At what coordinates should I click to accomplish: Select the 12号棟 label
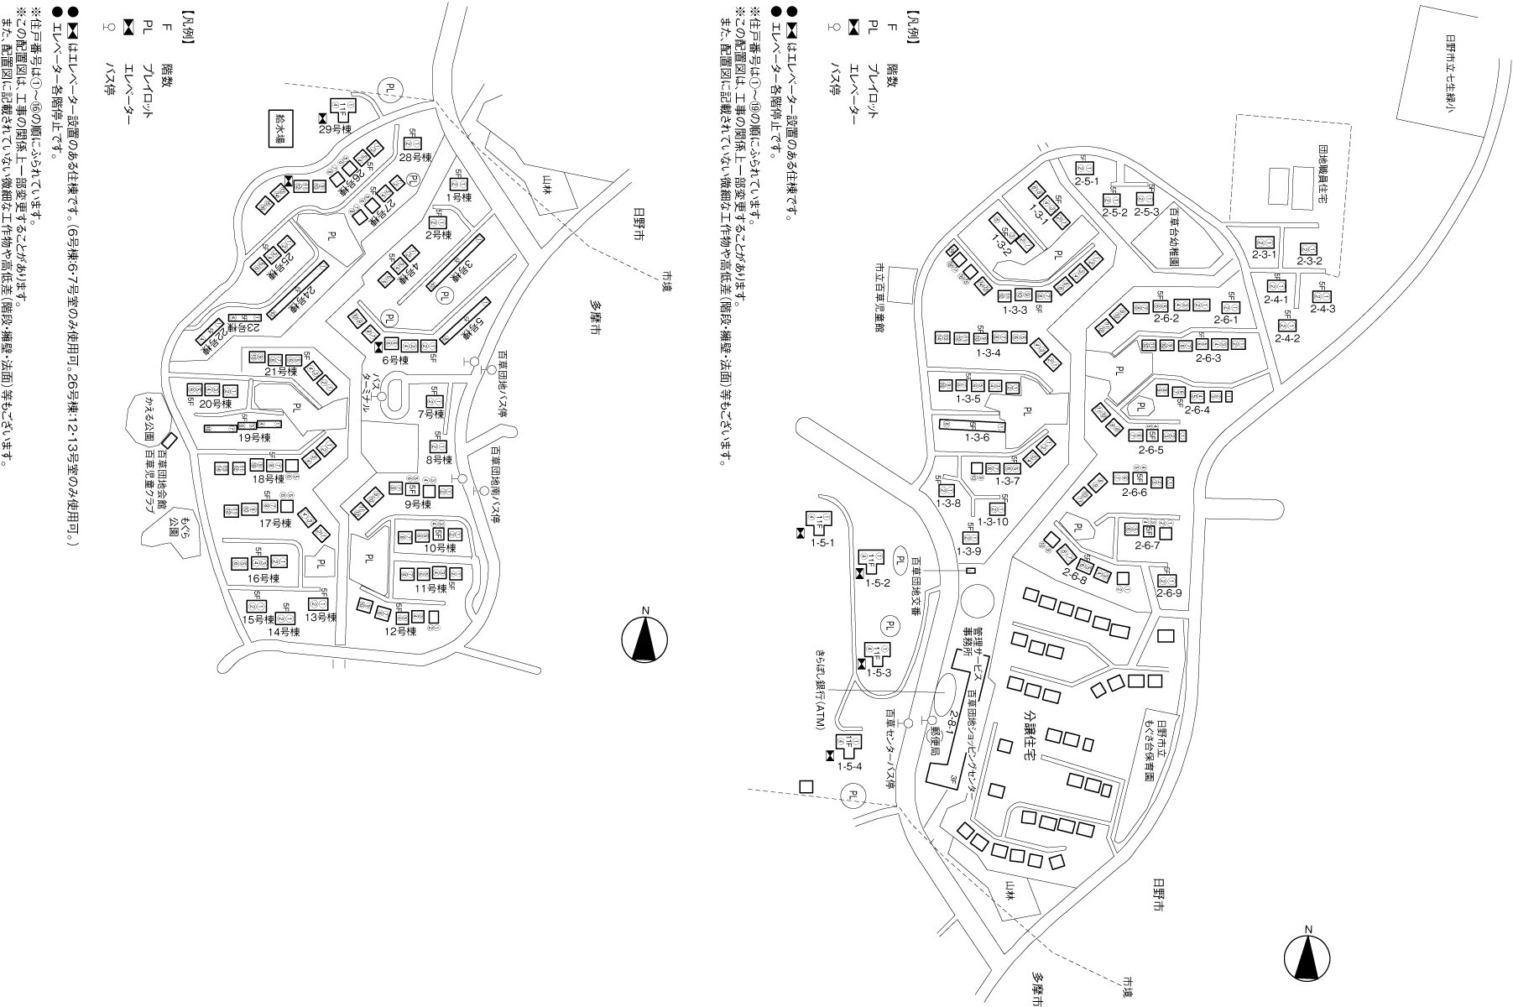tap(400, 631)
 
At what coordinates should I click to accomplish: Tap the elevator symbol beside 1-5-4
tap(829, 756)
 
